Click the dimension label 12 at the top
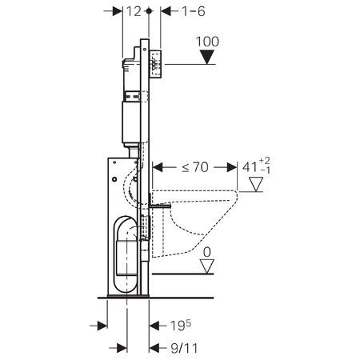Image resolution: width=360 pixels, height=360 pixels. coord(134,11)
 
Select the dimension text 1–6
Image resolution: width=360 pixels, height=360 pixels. coord(194,11)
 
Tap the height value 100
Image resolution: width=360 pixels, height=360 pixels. coord(207,42)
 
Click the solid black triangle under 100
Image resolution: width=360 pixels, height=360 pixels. coord(207,58)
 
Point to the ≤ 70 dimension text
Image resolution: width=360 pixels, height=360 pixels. coord(195,167)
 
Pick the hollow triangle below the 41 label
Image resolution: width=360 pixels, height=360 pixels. coord(256,184)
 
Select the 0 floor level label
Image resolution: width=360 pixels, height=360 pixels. coord(207,252)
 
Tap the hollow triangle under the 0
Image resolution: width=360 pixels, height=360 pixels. coord(207,266)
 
